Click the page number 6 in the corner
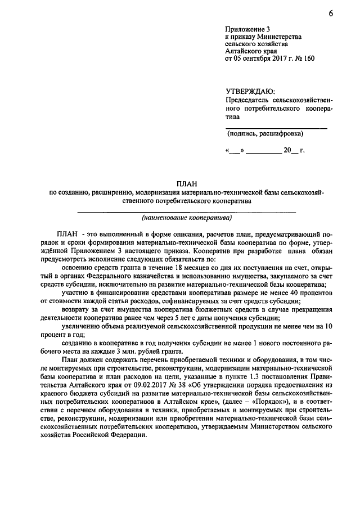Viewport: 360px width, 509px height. click(331, 14)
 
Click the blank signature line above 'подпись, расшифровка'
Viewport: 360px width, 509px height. click(276, 128)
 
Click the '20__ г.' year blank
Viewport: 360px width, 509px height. click(294, 151)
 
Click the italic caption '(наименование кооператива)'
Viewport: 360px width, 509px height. click(186, 217)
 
